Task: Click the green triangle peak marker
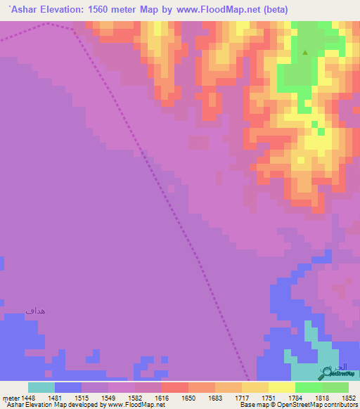(x=305, y=52)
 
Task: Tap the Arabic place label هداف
(x=36, y=310)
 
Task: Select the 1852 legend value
(x=348, y=398)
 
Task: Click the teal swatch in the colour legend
(x=41, y=387)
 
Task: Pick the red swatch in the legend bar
(x=174, y=387)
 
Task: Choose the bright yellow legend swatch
(x=281, y=387)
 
